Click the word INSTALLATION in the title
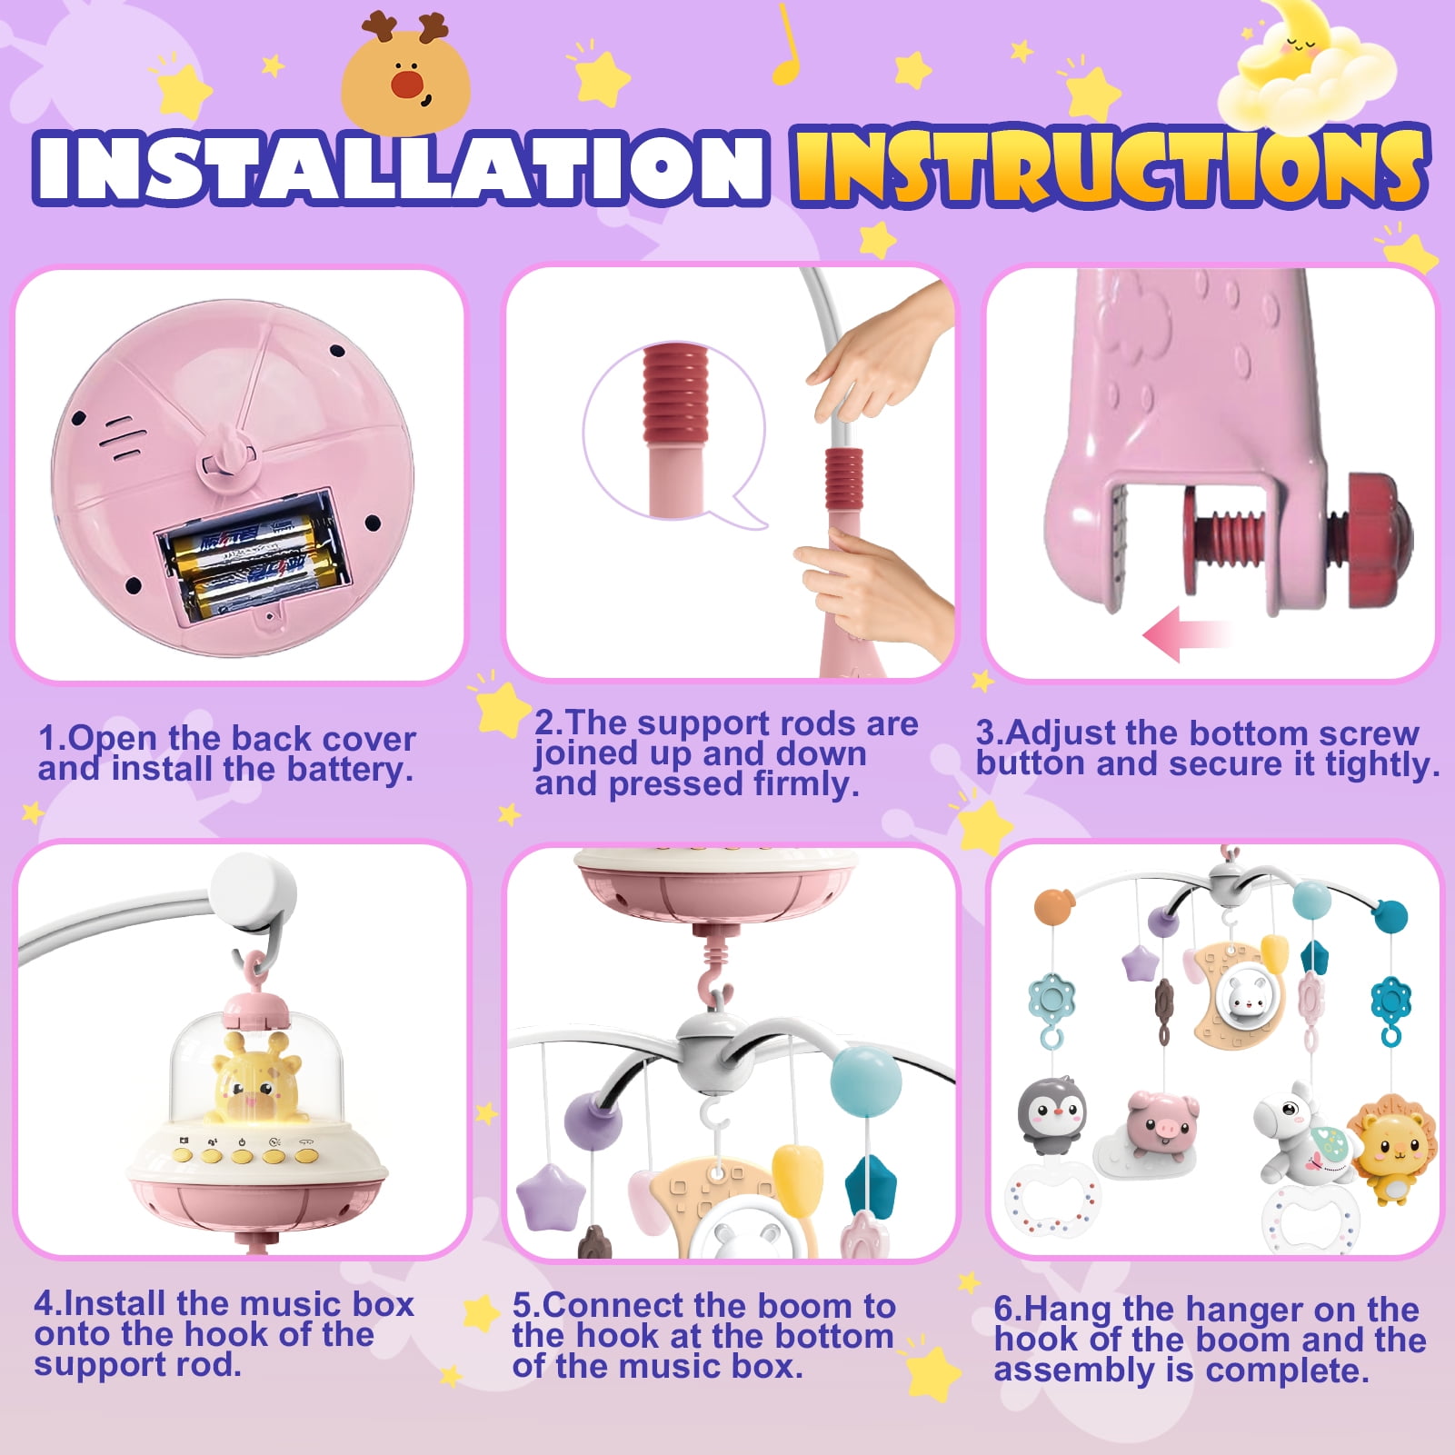400,166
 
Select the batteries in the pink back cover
252,561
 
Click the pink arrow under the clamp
1184,633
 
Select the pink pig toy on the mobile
1161,1123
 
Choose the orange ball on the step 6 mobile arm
1054,906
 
